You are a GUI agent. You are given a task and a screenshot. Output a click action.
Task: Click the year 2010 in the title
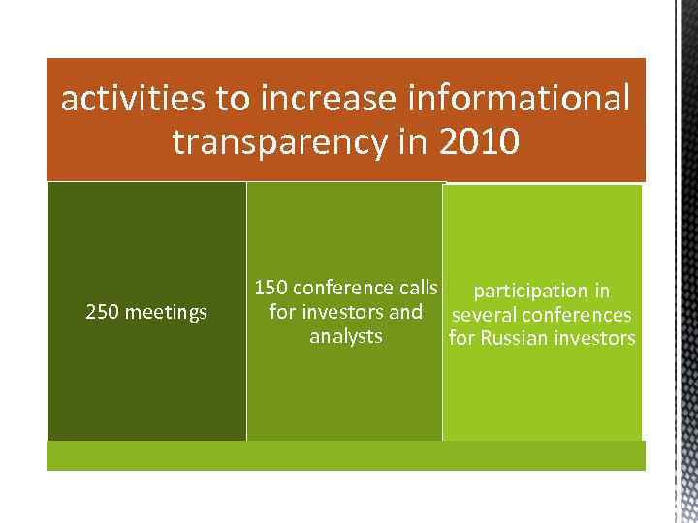pos(478,142)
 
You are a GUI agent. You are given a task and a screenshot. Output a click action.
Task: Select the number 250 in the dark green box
pos(102,313)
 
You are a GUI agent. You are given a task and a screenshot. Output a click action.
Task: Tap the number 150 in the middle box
pos(270,288)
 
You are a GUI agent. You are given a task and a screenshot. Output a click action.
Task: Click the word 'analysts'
pos(346,337)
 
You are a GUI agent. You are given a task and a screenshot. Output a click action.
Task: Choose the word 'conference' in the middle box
pos(340,288)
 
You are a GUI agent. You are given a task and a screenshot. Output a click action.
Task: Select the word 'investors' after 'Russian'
pos(594,339)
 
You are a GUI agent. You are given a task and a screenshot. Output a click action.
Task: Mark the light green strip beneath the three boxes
pos(345,455)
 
